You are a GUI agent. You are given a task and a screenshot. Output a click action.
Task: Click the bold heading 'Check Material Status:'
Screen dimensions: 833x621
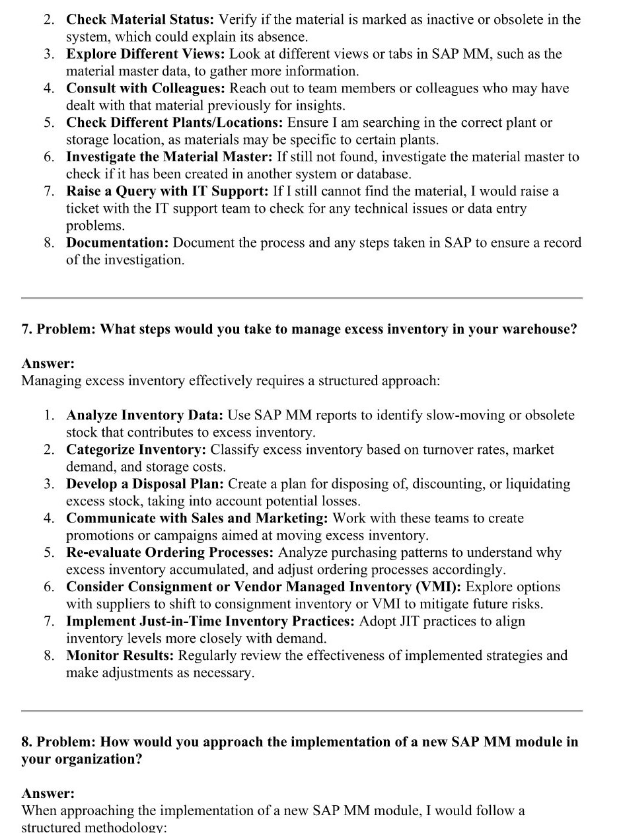141,20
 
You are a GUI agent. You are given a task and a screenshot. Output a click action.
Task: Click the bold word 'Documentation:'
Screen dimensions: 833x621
118,243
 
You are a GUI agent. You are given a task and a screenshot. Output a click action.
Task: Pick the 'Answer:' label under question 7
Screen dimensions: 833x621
48,363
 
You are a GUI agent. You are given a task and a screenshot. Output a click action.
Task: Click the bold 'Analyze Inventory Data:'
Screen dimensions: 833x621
145,416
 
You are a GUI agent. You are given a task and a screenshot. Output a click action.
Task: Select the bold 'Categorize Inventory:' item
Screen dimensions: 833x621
136,450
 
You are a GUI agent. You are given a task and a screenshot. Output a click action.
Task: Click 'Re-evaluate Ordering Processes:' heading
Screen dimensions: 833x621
170,553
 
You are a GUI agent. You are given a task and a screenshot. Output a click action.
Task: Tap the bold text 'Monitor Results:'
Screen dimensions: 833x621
120,656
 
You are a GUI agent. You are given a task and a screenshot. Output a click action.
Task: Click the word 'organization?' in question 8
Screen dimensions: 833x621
98,759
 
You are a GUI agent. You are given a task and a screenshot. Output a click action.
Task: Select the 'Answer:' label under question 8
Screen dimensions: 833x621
48,793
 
